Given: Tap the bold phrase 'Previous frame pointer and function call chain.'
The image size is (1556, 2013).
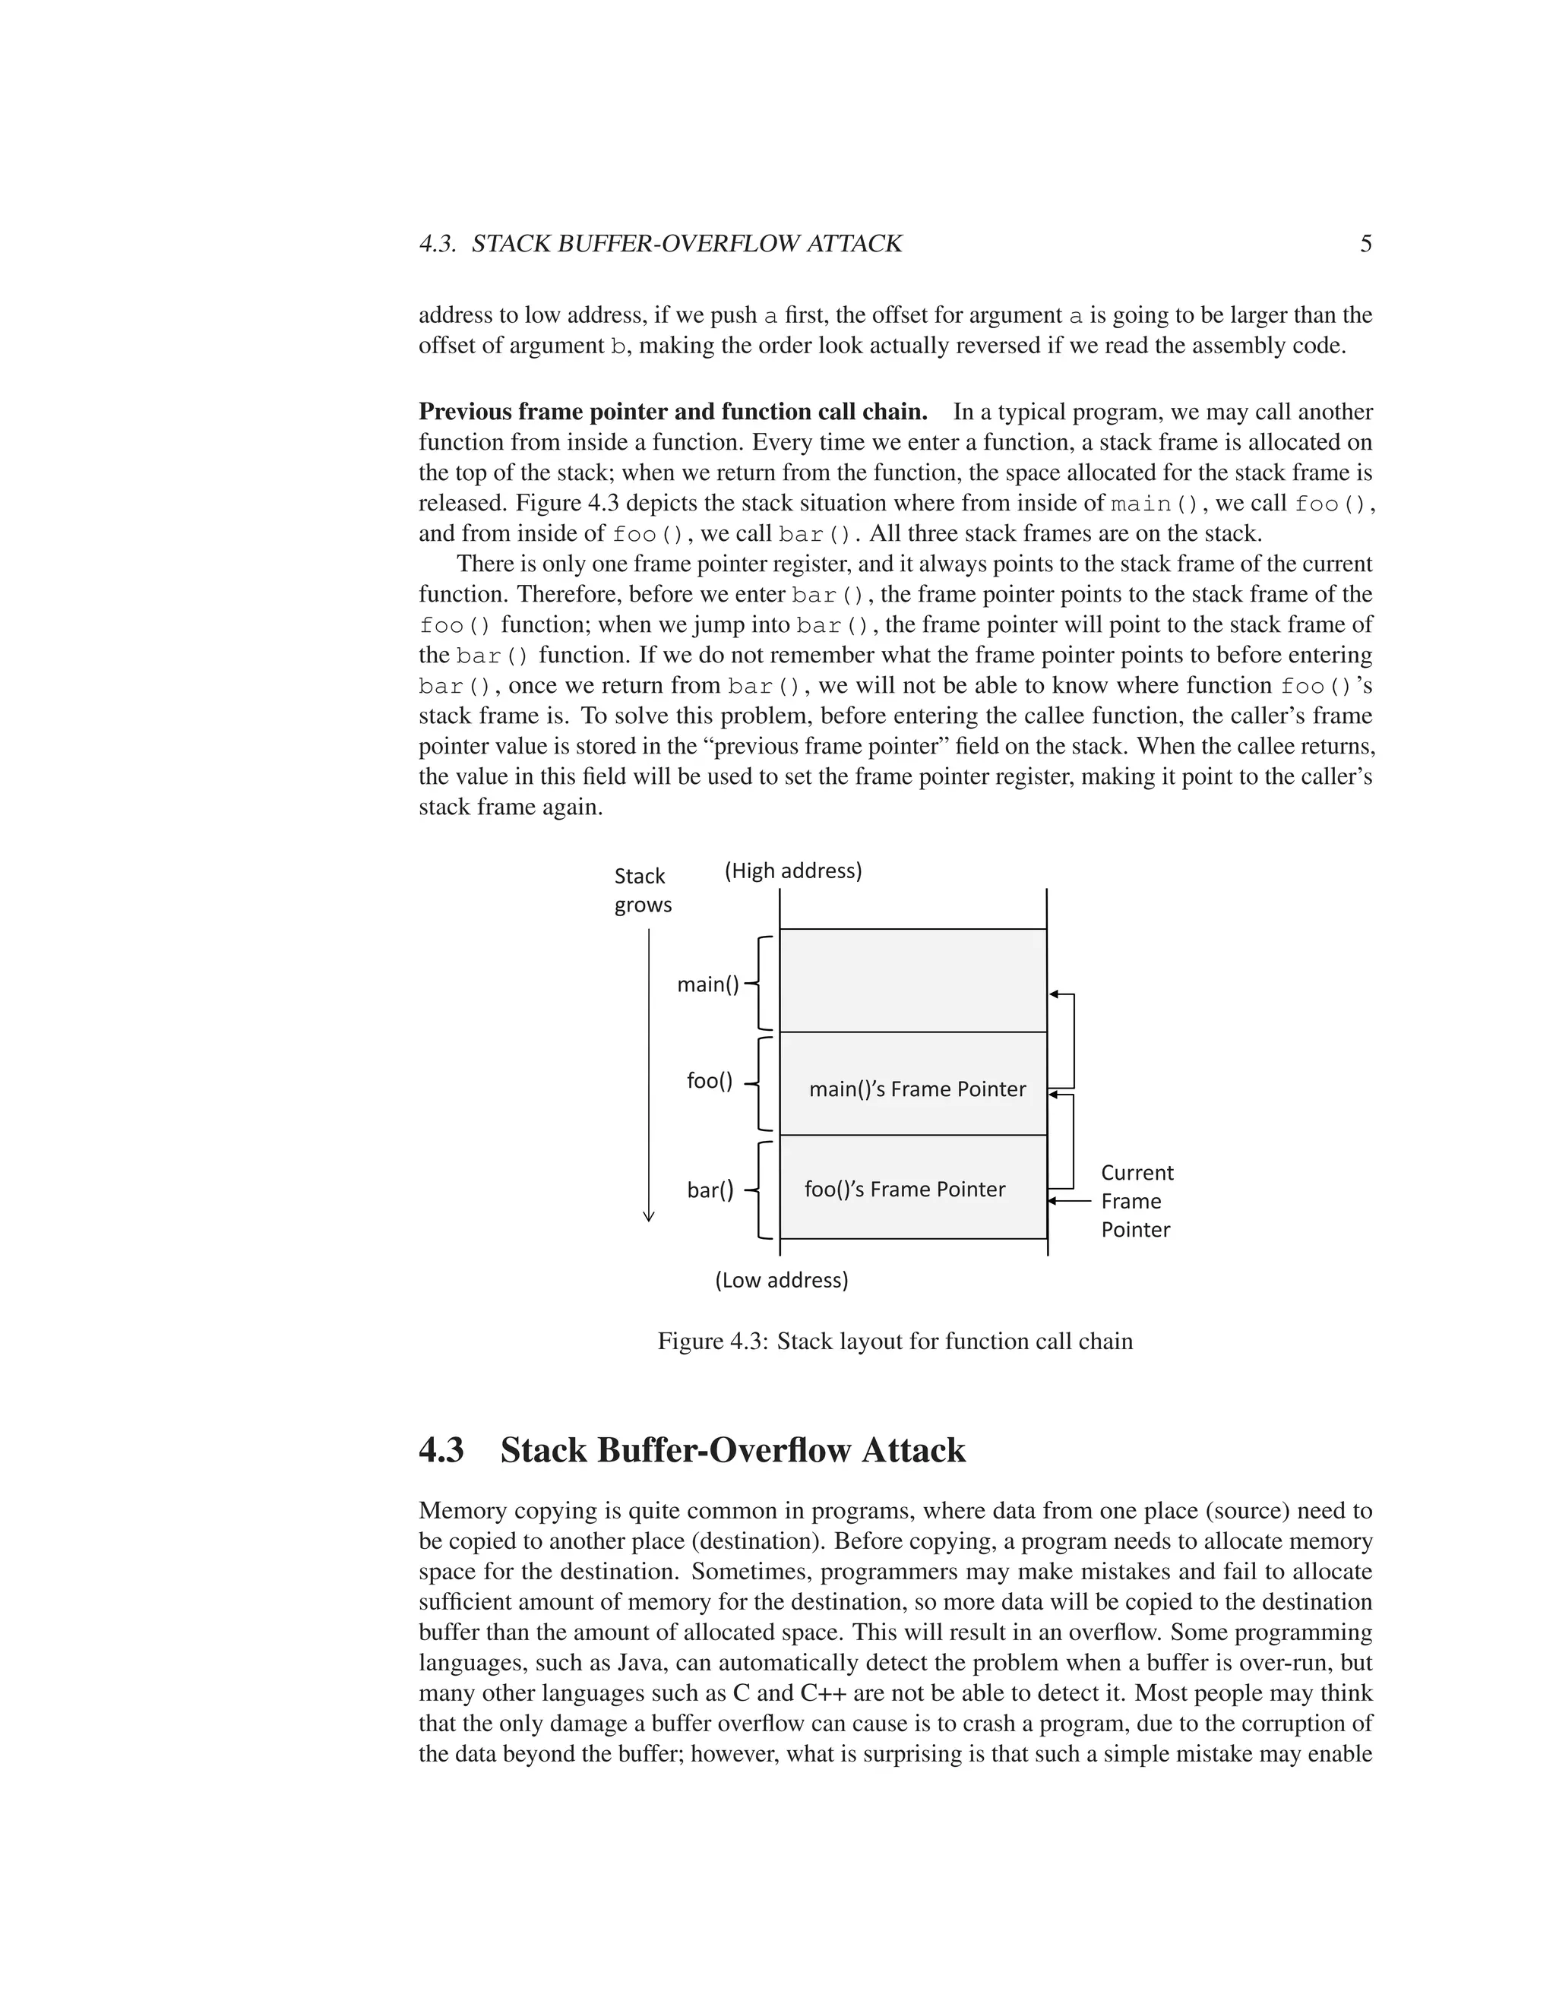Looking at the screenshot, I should [673, 411].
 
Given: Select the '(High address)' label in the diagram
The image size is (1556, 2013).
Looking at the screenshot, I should [792, 870].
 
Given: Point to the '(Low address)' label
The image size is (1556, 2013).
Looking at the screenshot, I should [782, 1279].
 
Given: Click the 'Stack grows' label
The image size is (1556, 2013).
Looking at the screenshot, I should [643, 890].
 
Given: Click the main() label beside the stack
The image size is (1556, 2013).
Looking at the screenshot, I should [708, 984].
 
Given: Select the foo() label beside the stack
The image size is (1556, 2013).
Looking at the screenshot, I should [709, 1080].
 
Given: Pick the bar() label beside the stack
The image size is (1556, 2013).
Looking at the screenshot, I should [710, 1190].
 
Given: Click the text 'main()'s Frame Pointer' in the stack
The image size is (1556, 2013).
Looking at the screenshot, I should [917, 1089].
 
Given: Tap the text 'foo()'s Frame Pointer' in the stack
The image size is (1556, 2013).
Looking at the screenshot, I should [904, 1189].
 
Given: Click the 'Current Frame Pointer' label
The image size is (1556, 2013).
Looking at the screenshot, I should [1137, 1200].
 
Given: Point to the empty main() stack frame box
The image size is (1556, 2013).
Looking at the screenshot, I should [912, 980].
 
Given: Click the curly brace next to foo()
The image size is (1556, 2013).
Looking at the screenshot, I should [761, 1084].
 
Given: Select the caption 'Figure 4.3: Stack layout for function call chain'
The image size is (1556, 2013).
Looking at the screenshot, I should [894, 1341].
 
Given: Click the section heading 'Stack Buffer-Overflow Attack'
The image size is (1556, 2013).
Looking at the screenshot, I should [733, 1450].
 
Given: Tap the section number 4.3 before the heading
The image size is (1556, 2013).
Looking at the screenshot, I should [441, 1450].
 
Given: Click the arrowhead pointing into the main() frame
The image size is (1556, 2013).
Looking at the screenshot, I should [1054, 994].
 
